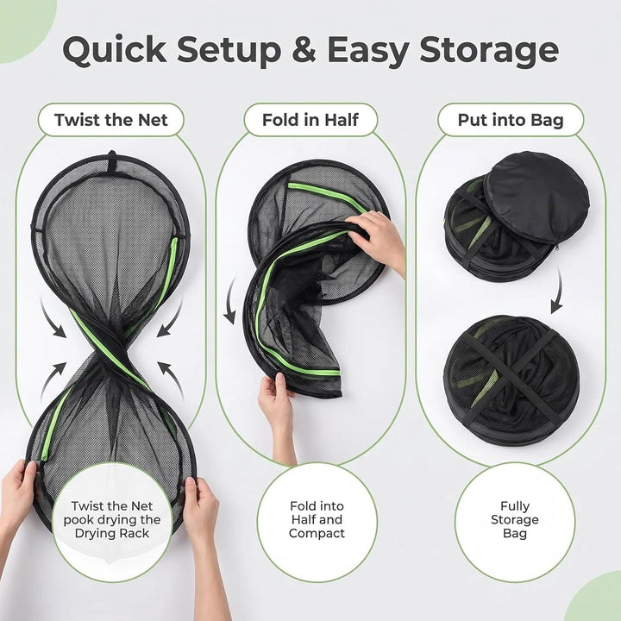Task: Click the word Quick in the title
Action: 115,50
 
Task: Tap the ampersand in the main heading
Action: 304,49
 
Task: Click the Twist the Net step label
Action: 111,120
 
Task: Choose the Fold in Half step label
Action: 310,120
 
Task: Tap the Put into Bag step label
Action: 511,120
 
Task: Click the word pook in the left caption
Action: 77,520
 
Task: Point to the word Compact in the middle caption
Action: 317,534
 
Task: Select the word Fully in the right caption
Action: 514,506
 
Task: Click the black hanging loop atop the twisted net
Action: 112,161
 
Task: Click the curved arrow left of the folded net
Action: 231,300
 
